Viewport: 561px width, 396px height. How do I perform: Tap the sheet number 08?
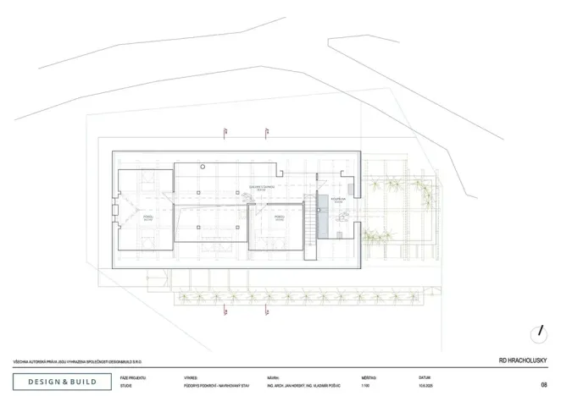point(543,383)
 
